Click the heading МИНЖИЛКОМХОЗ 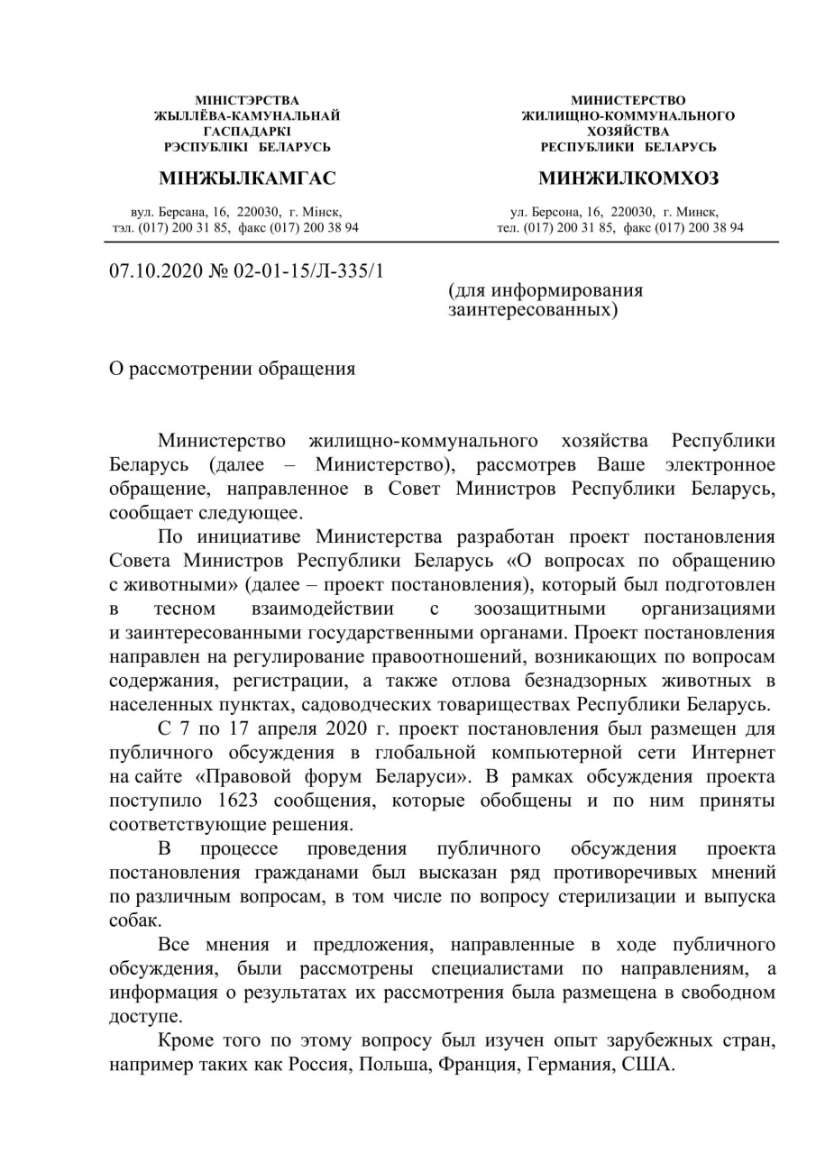(x=628, y=179)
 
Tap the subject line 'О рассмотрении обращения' (x=232, y=369)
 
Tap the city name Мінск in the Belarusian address (x=322, y=211)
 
